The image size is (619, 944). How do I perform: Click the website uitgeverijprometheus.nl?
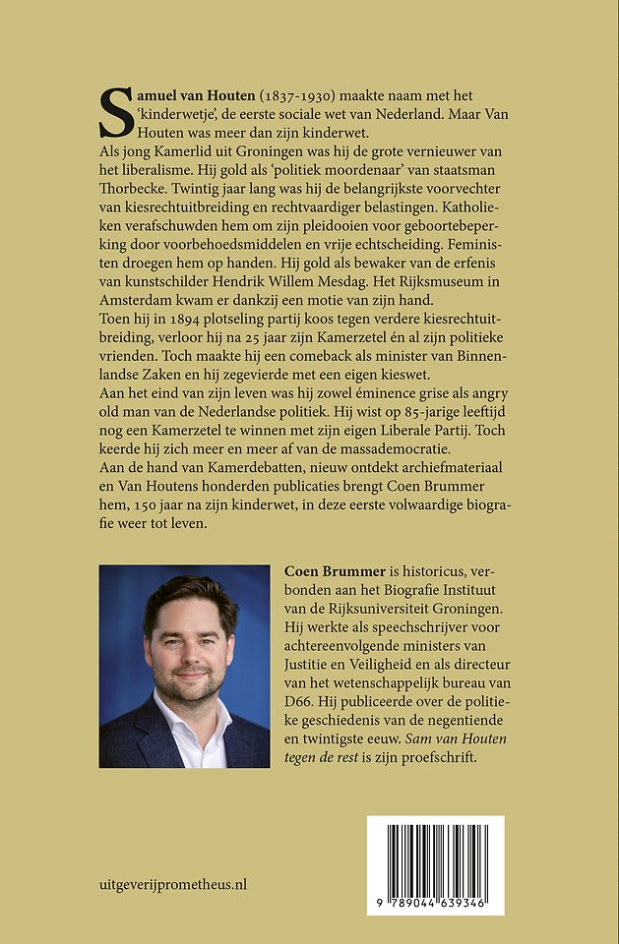click(x=173, y=884)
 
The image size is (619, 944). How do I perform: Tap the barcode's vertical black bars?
click(x=435, y=857)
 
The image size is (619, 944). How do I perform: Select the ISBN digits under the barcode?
click(x=435, y=903)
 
